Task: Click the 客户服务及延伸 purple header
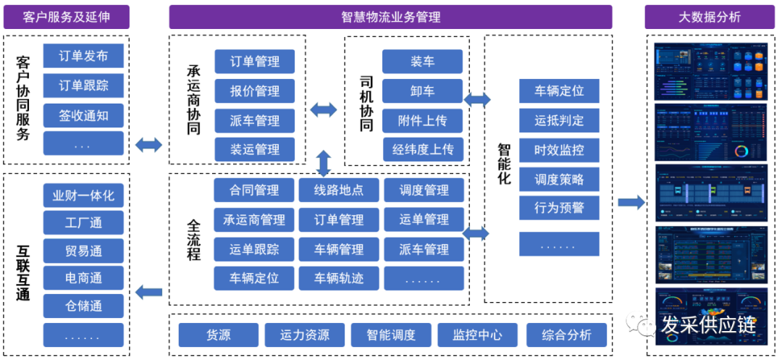tap(66, 17)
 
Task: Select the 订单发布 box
tap(83, 56)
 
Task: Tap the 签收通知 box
tap(83, 114)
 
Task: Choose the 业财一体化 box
tap(83, 195)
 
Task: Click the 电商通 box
tap(83, 277)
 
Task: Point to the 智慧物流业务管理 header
tap(390, 17)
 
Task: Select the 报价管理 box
tap(254, 91)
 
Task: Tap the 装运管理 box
tap(254, 149)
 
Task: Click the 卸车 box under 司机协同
tap(422, 91)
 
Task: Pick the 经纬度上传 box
tap(422, 149)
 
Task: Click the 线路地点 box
tap(339, 191)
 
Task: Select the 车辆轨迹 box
tap(339, 278)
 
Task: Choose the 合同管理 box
tap(254, 191)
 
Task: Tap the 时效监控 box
tap(559, 150)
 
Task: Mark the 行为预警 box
tap(559, 208)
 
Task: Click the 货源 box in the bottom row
tap(219, 335)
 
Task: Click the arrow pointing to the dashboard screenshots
tap(631, 202)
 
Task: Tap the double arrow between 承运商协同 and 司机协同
tap(324, 110)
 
